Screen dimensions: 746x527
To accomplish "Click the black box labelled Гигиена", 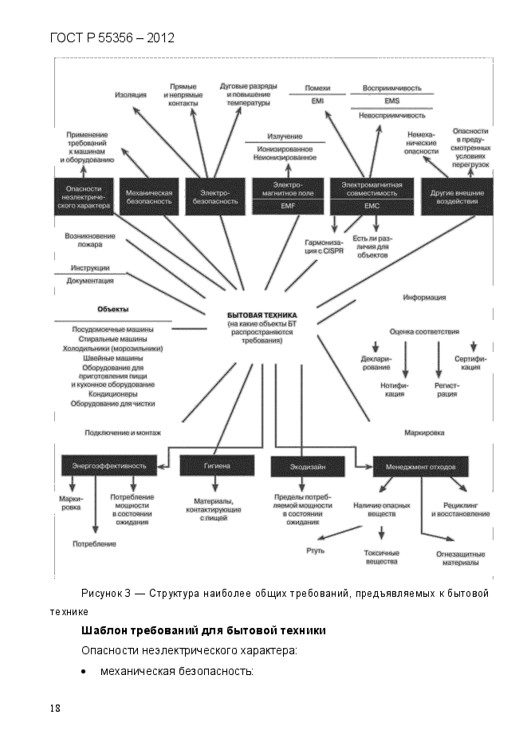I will click(217, 464).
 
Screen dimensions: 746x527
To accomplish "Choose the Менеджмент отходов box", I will click(421, 464).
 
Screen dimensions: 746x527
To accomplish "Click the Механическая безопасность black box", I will click(150, 196).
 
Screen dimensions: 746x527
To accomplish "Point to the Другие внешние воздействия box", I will click(453, 196).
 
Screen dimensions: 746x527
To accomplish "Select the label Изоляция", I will click(130, 95).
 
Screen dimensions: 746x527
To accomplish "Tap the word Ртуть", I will click(316, 551).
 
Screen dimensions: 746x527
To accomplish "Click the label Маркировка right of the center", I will click(424, 432).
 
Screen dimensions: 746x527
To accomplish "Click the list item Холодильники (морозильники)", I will click(113, 349).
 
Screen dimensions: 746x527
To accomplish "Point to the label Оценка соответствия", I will click(424, 331).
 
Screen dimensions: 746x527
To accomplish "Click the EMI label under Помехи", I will click(317, 102).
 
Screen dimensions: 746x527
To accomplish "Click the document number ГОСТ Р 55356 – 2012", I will click(112, 37).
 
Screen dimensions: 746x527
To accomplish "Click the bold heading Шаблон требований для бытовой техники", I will click(203, 630).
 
